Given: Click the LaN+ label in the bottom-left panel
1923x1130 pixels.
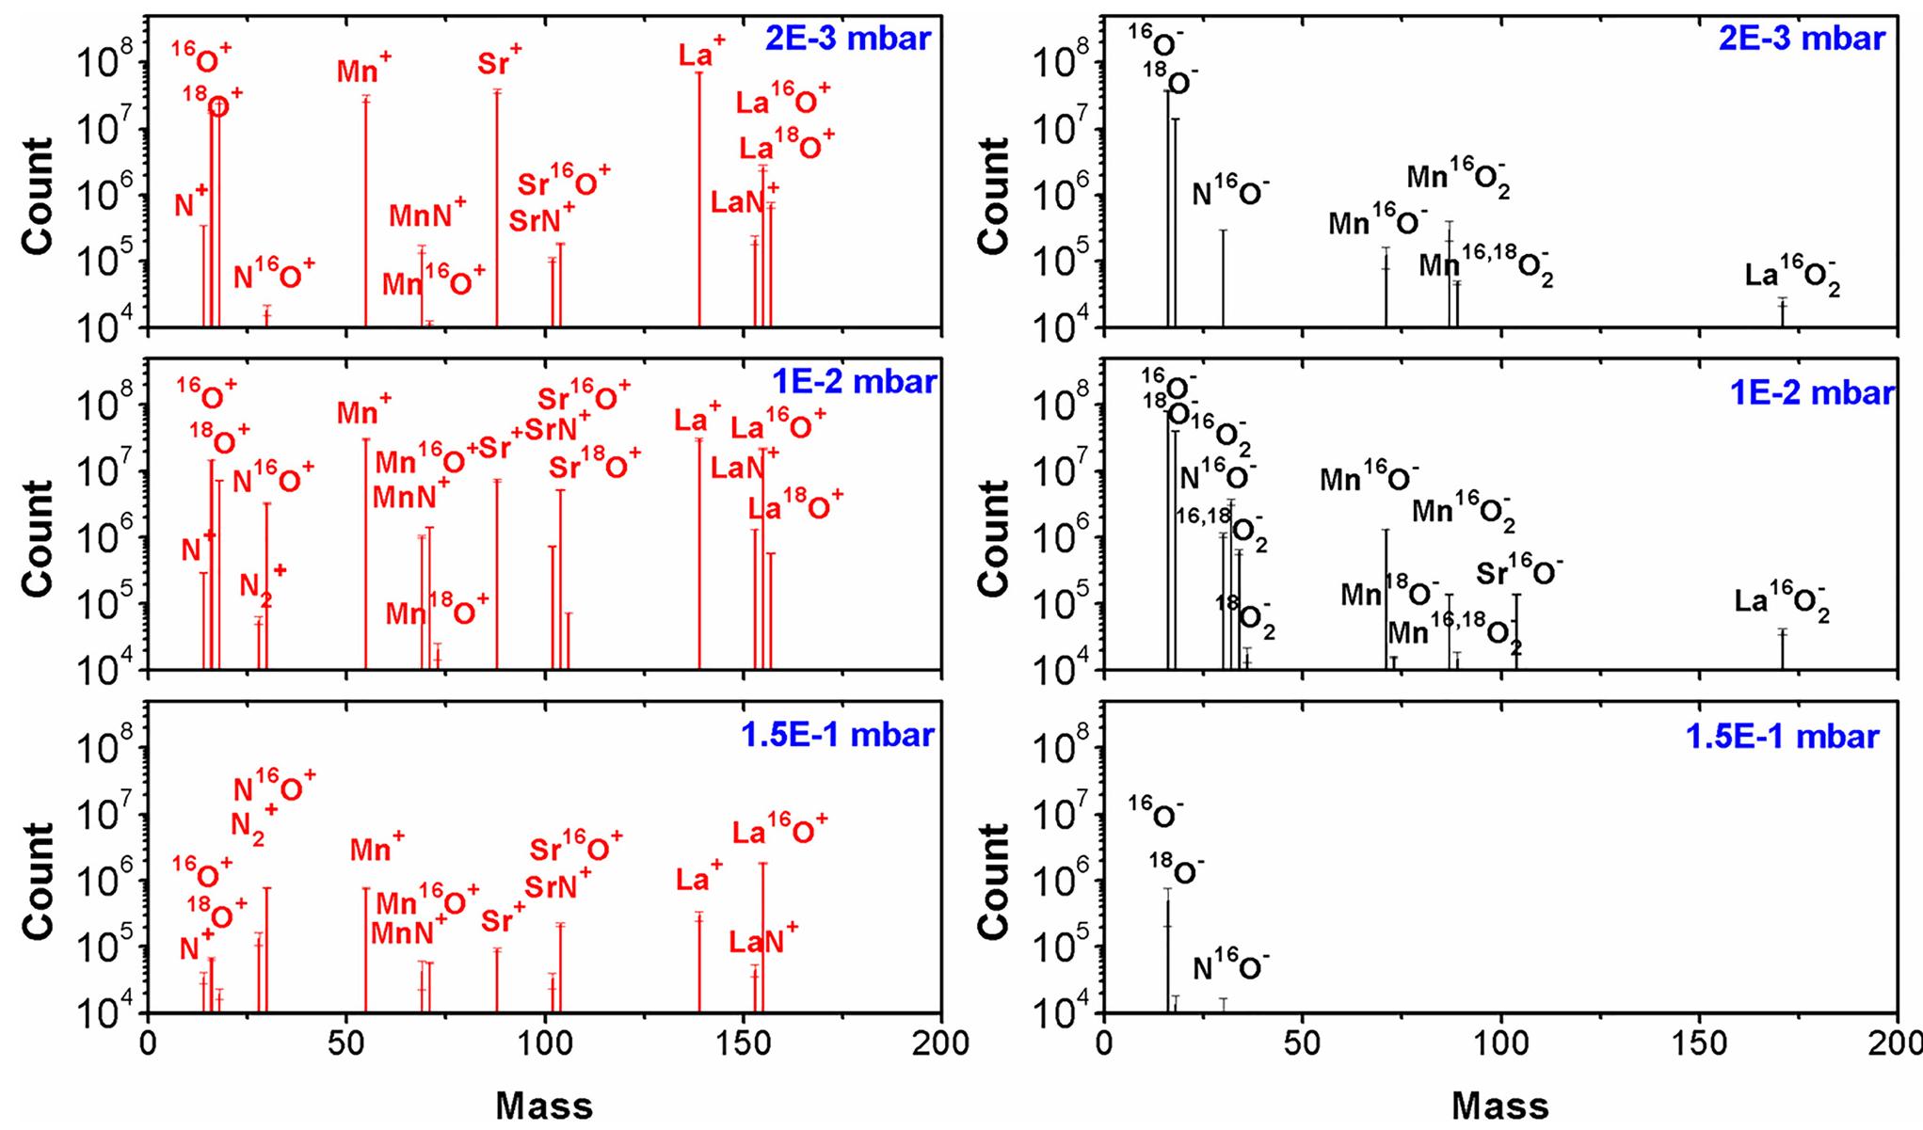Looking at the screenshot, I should click(763, 942).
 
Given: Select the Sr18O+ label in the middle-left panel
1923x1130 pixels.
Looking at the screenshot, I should click(594, 465).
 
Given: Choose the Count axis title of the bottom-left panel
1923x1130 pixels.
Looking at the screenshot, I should click(39, 880).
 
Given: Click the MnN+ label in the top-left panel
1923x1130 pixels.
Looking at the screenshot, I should click(427, 215).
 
